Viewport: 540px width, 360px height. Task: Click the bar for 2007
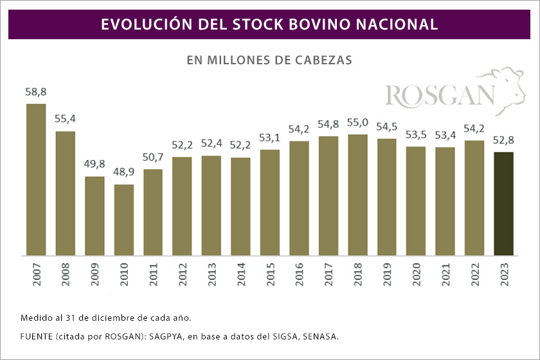point(36,179)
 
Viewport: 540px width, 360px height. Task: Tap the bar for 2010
point(124,220)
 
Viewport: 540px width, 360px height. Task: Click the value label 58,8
point(36,93)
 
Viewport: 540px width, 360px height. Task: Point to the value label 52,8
point(503,141)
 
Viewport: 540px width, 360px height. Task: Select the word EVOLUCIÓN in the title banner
point(138,24)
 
